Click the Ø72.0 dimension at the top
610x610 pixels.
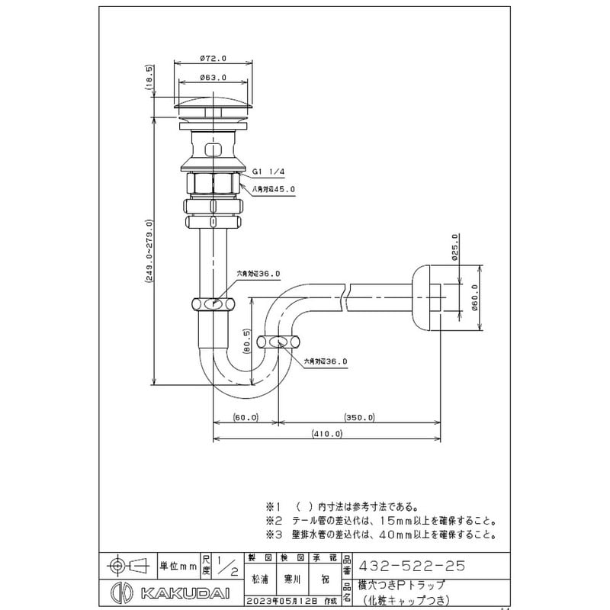210,57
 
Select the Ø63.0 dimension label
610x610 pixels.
210,77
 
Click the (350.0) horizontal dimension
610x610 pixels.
360,417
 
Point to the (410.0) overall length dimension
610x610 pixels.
327,434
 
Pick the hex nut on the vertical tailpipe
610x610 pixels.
214,303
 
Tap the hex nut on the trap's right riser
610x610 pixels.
275,341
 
